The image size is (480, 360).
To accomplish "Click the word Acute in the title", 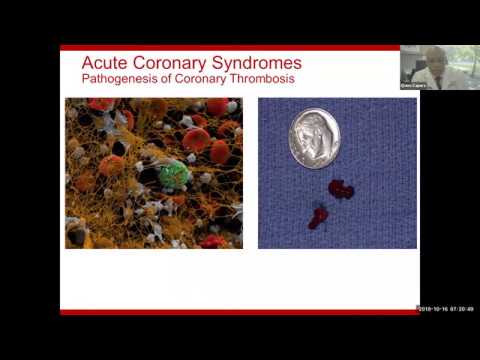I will pyautogui.click(x=103, y=64).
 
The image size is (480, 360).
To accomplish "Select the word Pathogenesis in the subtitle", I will pyautogui.click(x=115, y=80).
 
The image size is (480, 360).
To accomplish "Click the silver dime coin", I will pyautogui.click(x=314, y=137).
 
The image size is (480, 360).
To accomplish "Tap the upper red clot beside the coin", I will pyautogui.click(x=341, y=189).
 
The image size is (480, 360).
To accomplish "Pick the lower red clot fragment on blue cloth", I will pyautogui.click(x=319, y=218).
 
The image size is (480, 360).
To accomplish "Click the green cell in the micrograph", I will pyautogui.click(x=175, y=175).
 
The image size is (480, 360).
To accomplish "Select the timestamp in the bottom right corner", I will pyautogui.click(x=445, y=308).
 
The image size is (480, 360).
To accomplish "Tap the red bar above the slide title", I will pyautogui.click(x=230, y=47).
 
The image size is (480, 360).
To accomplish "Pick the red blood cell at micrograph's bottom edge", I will pyautogui.click(x=211, y=241).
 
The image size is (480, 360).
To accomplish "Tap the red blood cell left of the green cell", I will pyautogui.click(x=111, y=165).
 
